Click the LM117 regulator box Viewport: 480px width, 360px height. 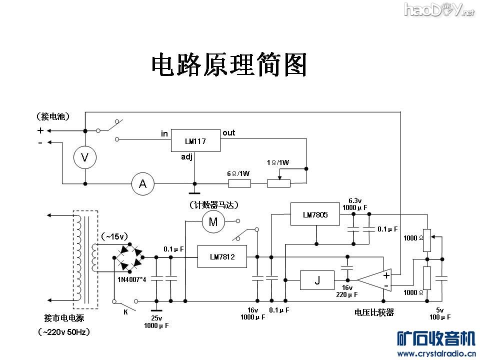click(195, 141)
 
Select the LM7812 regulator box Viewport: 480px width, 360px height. click(222, 256)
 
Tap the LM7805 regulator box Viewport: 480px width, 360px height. click(315, 214)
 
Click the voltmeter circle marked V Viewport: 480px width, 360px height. click(85, 157)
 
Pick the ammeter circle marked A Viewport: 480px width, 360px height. click(142, 184)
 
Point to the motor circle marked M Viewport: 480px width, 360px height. click(213, 222)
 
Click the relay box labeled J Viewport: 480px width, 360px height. click(317, 280)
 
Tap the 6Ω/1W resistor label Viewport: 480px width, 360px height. click(238, 173)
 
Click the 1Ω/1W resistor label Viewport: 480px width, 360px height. click(278, 162)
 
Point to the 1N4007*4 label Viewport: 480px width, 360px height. click(131, 279)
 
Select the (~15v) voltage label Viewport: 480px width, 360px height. click(114, 236)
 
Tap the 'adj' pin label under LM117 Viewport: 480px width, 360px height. click(186, 157)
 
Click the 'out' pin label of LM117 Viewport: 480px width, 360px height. click(229, 132)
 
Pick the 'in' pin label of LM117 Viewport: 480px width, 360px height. click(164, 133)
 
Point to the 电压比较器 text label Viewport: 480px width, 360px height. click(374, 312)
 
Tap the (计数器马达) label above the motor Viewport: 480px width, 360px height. click(213, 205)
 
